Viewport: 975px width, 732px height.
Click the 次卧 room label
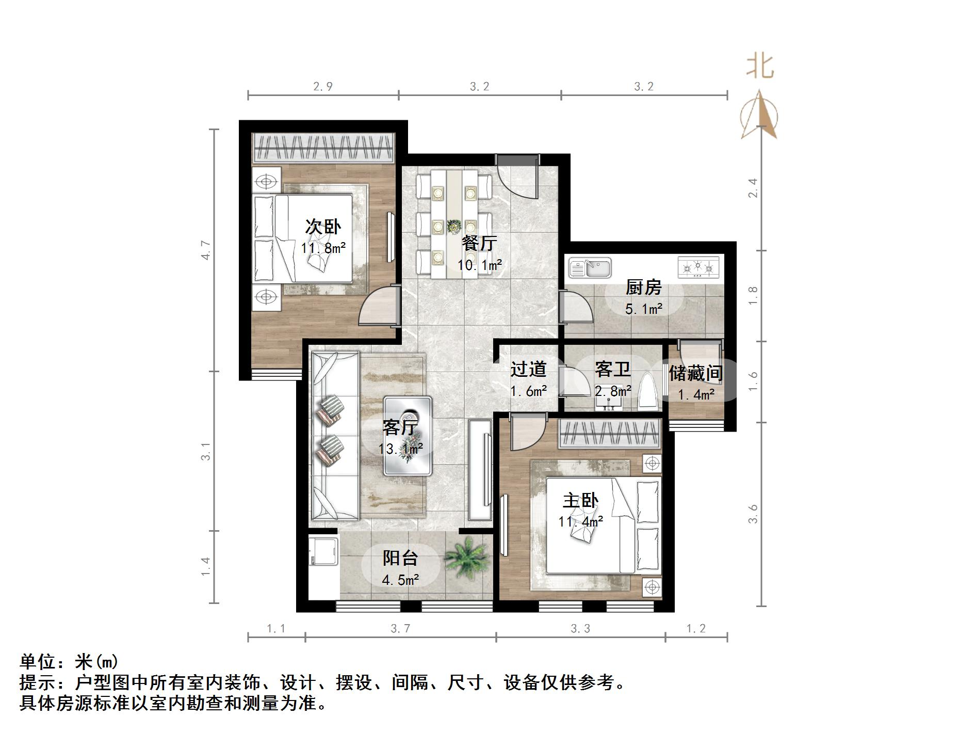(323, 227)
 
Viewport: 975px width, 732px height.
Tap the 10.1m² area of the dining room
(480, 265)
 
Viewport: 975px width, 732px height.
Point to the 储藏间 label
(695, 373)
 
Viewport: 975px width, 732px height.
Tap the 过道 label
(528, 369)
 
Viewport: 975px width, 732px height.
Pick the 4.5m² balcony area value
(400, 580)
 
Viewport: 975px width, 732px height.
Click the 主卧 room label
(580, 500)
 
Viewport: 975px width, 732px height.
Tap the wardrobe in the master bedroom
(610, 434)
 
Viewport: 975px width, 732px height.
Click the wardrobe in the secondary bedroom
(323, 148)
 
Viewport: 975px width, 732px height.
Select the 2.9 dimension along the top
(323, 87)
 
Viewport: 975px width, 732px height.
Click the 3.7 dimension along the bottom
(400, 628)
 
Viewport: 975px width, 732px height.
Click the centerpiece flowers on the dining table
(453, 226)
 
